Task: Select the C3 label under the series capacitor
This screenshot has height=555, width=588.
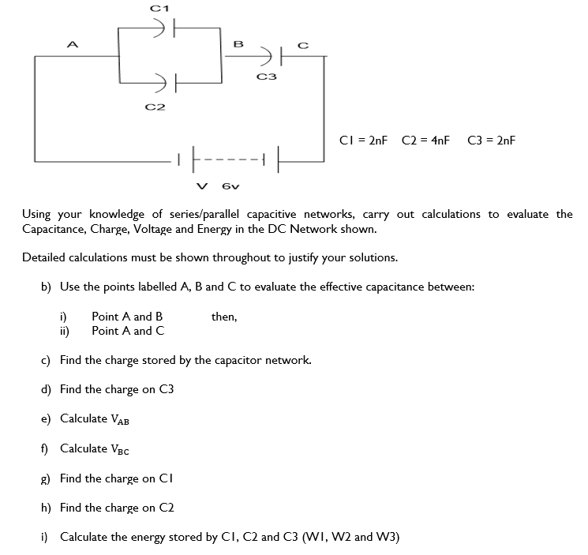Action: [267, 77]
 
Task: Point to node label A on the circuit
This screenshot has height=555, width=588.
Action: [73, 45]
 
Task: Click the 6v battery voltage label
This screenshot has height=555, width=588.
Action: [230, 187]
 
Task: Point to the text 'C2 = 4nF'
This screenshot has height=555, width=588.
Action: [425, 141]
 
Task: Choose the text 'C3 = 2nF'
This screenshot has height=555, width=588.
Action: [491, 141]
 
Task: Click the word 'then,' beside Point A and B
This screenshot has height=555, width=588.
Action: [224, 317]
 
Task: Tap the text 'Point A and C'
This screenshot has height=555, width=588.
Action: [128, 331]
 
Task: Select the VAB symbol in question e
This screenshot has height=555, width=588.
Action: [118, 419]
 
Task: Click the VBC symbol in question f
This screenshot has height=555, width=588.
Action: [118, 449]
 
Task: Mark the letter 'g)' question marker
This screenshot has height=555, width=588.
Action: [47, 478]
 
